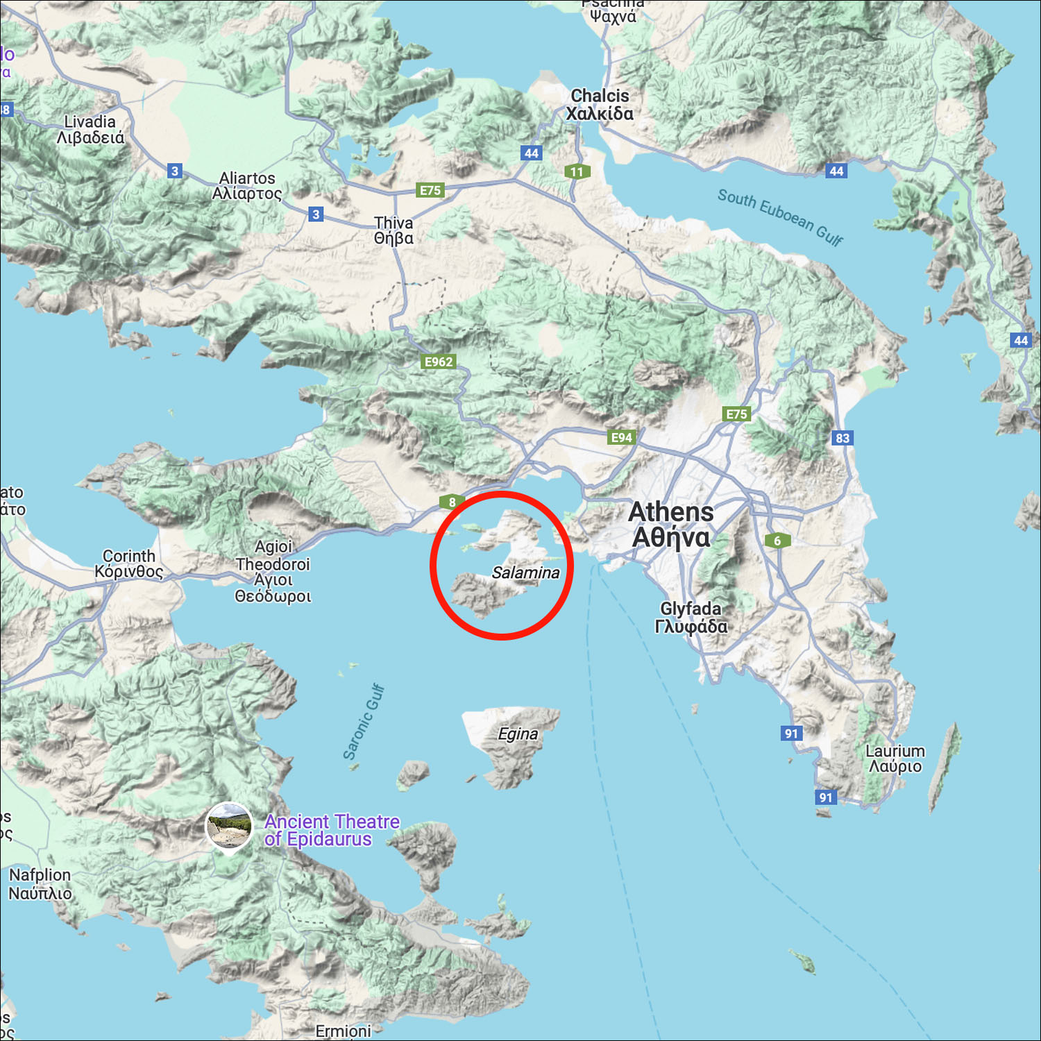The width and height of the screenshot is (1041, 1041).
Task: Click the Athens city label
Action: point(670,524)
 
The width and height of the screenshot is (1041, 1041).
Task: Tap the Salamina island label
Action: point(525,573)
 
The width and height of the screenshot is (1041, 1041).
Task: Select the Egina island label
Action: point(518,734)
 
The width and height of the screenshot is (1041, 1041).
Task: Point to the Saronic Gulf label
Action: point(364,722)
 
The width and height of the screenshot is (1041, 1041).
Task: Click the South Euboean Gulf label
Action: point(780,217)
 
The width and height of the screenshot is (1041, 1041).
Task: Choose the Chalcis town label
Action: point(600,105)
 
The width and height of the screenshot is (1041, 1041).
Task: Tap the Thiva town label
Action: point(393,230)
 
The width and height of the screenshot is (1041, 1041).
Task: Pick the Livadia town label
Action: point(90,130)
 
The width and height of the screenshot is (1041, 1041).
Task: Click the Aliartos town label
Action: point(247,185)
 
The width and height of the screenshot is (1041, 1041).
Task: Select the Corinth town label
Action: point(129,564)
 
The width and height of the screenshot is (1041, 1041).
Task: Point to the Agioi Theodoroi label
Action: point(273,571)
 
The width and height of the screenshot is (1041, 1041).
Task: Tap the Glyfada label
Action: point(691,618)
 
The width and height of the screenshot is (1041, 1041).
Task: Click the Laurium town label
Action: point(895,759)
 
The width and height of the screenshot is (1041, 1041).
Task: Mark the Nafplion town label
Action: point(40,883)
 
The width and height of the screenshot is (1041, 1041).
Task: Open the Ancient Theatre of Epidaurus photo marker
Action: point(229,824)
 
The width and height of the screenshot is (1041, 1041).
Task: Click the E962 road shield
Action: point(439,362)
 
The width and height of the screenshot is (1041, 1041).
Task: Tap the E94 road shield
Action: point(621,437)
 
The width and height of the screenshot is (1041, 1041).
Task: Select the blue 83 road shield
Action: point(843,438)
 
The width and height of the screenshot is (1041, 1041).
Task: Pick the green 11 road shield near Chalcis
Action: point(577,171)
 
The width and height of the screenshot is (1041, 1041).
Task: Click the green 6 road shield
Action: point(777,541)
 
